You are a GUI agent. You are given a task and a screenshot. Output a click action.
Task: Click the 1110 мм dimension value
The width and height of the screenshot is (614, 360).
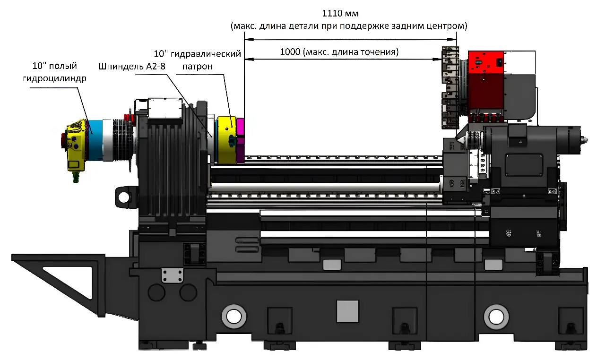tap(340, 13)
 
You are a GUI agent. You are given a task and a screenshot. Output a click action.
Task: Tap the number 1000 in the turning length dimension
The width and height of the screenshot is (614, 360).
tap(290, 52)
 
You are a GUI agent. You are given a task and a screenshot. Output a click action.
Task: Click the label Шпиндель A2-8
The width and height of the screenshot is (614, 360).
tap(131, 67)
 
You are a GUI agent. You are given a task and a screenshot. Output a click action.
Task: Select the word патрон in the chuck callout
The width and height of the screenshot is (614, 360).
tap(198, 67)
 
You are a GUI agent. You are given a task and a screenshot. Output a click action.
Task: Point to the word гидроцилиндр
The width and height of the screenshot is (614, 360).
tap(54, 78)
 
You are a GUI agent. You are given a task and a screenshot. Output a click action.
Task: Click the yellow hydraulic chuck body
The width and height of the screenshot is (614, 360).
tap(227, 140)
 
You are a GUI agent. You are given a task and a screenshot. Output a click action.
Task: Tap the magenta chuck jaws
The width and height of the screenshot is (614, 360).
tap(241, 140)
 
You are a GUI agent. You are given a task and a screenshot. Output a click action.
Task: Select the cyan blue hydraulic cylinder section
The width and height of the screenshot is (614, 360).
tap(95, 140)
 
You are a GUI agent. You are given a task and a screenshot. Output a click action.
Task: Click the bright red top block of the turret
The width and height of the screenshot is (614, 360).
tap(486, 62)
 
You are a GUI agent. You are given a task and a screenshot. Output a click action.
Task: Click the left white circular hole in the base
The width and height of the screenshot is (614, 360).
tap(233, 317)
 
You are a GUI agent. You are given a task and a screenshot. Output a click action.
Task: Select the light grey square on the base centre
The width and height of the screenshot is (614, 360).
tap(347, 311)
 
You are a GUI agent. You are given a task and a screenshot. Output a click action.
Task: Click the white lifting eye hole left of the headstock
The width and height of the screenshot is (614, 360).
tap(124, 197)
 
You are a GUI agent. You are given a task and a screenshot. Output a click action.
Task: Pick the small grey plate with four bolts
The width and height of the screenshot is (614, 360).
tap(172, 275)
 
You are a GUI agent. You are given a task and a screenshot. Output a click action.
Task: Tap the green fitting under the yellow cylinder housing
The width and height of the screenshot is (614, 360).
tap(75, 177)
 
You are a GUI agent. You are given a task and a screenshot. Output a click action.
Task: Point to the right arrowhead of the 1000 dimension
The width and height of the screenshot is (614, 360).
tap(437, 59)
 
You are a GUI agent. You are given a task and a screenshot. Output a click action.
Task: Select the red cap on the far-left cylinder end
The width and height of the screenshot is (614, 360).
tap(63, 142)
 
